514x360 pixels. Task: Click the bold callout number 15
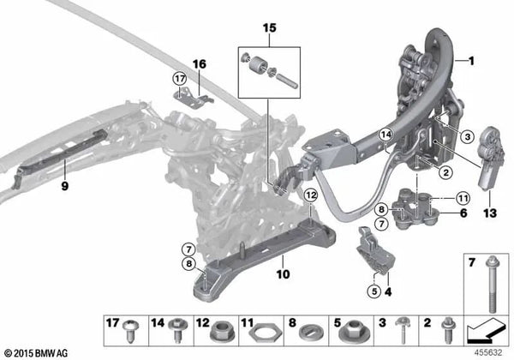(270, 28)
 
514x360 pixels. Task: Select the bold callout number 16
(200, 64)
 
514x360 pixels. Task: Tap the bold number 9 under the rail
(65, 186)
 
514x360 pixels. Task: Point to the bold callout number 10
(284, 274)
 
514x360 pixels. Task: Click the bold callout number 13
(490, 213)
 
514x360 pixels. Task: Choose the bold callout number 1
(471, 61)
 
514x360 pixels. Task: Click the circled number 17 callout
(180, 79)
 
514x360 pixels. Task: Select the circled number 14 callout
(386, 135)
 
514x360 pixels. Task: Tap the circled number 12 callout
(311, 195)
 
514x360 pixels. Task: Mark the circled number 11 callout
(463, 198)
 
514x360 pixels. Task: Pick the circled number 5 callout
(374, 291)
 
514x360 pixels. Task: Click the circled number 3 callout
(468, 136)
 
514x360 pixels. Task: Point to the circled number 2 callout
(445, 171)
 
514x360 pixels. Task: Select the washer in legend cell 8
(312, 332)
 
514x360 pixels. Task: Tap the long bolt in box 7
(492, 284)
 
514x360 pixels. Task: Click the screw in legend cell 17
(130, 331)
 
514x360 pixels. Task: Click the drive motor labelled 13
(489, 157)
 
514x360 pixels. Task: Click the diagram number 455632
(487, 353)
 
